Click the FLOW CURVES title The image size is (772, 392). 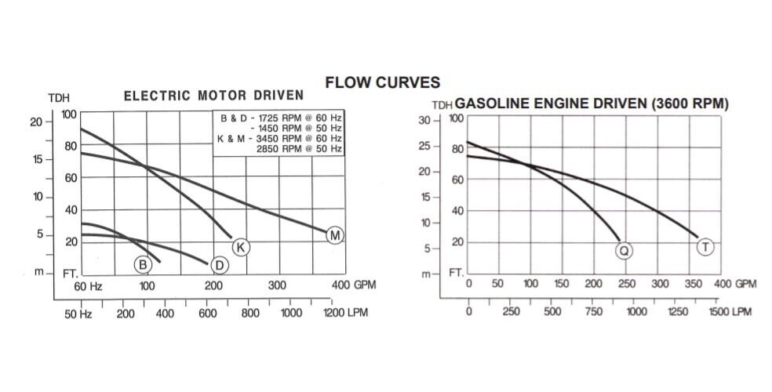(382, 82)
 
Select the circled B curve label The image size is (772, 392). (143, 264)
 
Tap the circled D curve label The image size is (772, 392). (220, 265)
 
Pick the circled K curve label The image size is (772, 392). (242, 248)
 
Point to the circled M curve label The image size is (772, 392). (335, 235)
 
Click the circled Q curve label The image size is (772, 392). (624, 250)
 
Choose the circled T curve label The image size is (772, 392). (705, 248)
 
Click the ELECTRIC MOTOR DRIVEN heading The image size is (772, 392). (213, 96)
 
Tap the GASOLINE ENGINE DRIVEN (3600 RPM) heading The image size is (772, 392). (592, 103)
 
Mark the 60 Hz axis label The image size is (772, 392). (89, 285)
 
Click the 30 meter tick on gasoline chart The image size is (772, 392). (424, 120)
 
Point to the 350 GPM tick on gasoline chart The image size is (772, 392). (690, 284)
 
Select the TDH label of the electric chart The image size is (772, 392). (59, 98)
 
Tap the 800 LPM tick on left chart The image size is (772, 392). (249, 314)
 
